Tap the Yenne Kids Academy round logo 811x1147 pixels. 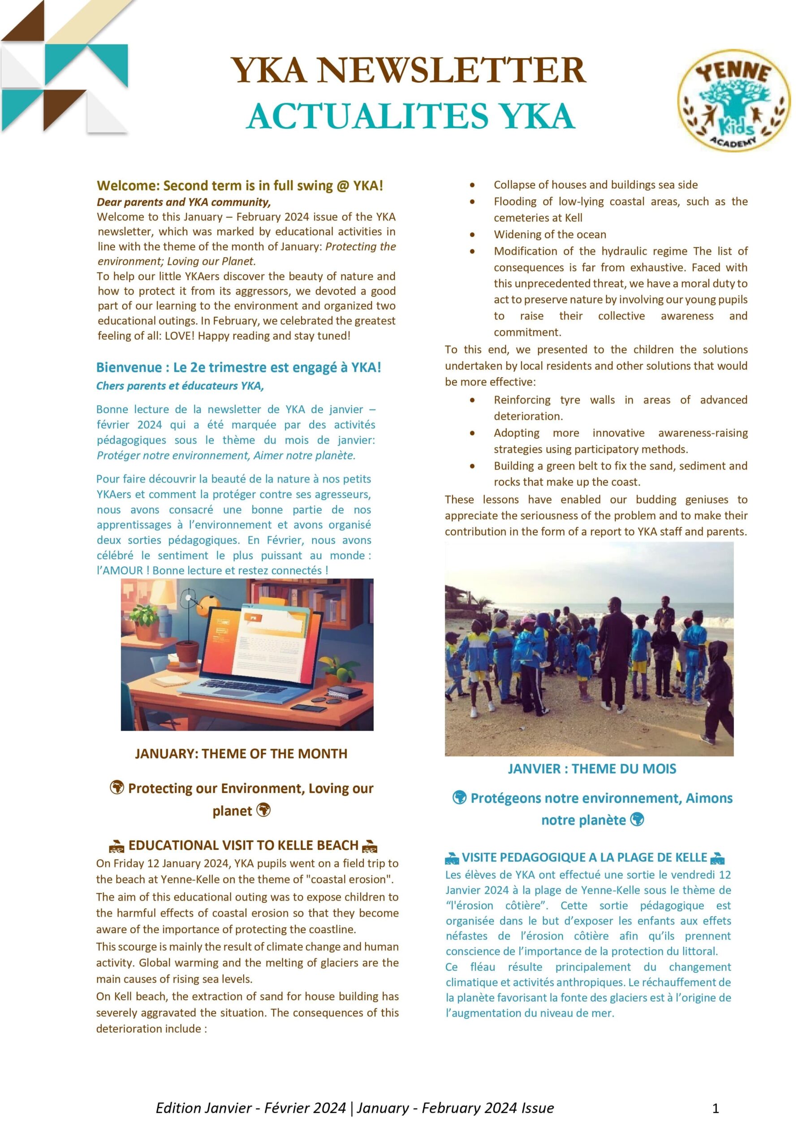pyautogui.click(x=733, y=99)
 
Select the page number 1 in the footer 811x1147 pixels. pyautogui.click(x=715, y=1108)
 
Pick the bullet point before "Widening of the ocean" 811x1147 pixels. pyautogui.click(x=472, y=235)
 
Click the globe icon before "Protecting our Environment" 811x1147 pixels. pyautogui.click(x=117, y=788)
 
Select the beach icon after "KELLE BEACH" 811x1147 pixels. pyautogui.click(x=370, y=846)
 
